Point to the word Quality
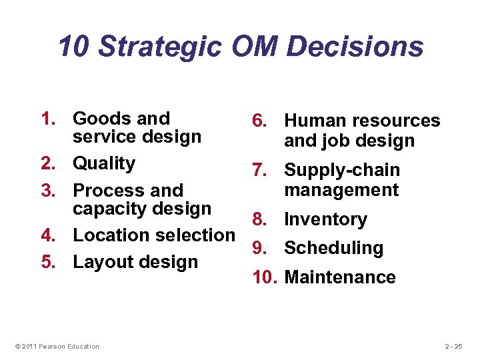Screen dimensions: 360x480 click(x=104, y=163)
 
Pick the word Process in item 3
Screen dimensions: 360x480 click(x=109, y=191)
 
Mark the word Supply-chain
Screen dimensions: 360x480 click(x=342, y=171)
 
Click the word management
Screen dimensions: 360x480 click(x=341, y=190)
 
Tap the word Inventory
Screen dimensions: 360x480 click(x=325, y=219)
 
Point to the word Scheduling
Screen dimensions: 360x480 click(x=333, y=249)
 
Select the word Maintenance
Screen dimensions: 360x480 click(x=340, y=277)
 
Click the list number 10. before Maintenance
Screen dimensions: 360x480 click(x=265, y=277)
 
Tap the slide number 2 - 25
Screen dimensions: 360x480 click(x=453, y=346)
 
